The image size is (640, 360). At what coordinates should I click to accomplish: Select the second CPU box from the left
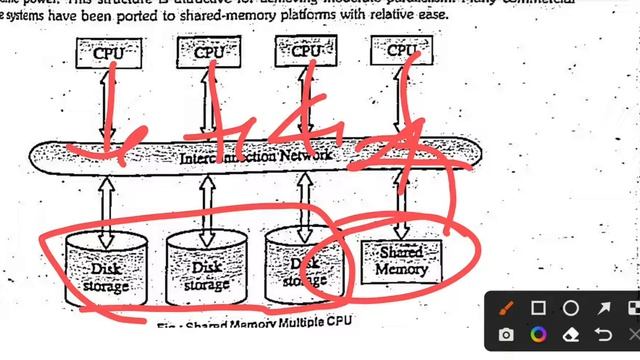point(208,51)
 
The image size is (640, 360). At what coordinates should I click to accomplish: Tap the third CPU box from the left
point(305,50)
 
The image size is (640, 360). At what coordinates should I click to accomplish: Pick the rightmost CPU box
point(402,49)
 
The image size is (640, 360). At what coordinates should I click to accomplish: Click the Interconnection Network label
point(256,158)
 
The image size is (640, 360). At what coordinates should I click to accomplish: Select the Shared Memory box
point(402,261)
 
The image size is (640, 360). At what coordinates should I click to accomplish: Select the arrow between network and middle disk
point(207,205)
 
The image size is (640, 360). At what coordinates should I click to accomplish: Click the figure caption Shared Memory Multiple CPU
point(254,324)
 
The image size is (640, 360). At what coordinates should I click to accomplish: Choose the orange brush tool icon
point(507,307)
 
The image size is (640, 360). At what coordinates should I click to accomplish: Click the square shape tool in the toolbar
point(538,307)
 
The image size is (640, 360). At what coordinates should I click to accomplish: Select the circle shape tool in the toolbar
point(570,307)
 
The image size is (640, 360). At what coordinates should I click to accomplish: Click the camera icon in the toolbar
point(507,334)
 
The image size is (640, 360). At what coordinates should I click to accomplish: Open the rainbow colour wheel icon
point(538,334)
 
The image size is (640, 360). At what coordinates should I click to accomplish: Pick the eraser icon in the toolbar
point(570,334)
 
